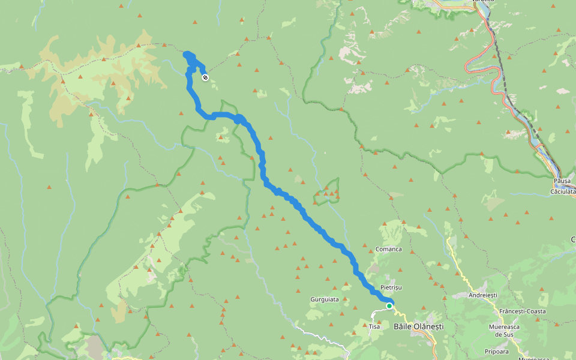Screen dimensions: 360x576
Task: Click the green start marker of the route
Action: (x=389, y=306)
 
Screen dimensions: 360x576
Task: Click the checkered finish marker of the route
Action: (x=205, y=77)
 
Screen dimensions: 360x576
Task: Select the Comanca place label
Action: (x=388, y=248)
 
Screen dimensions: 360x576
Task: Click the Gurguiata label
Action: (x=325, y=299)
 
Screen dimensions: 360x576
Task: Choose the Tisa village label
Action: (x=374, y=326)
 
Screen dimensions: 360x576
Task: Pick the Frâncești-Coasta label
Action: (x=522, y=311)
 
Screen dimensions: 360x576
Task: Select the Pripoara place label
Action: (x=498, y=352)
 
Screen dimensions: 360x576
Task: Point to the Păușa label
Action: (x=562, y=181)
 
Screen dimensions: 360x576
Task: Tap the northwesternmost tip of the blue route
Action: (x=185, y=55)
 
